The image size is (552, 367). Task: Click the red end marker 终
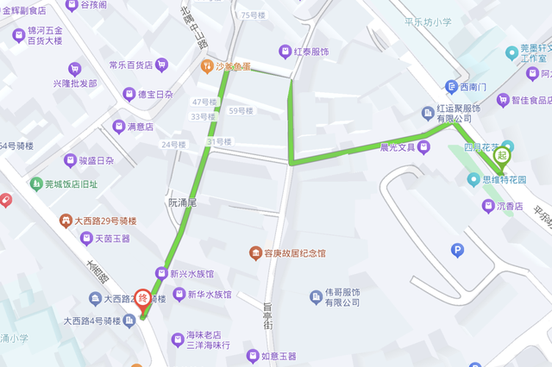tap(143, 301)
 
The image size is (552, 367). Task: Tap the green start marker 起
tap(501, 155)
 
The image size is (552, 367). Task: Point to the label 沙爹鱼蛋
tap(234, 65)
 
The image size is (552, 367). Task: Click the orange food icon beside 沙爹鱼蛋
tap(207, 65)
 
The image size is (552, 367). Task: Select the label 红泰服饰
tap(311, 53)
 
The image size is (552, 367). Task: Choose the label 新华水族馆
tap(210, 295)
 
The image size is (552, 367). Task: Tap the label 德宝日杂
tap(156, 95)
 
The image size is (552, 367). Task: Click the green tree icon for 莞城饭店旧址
tap(36, 183)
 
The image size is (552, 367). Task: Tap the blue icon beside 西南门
tap(451, 86)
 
